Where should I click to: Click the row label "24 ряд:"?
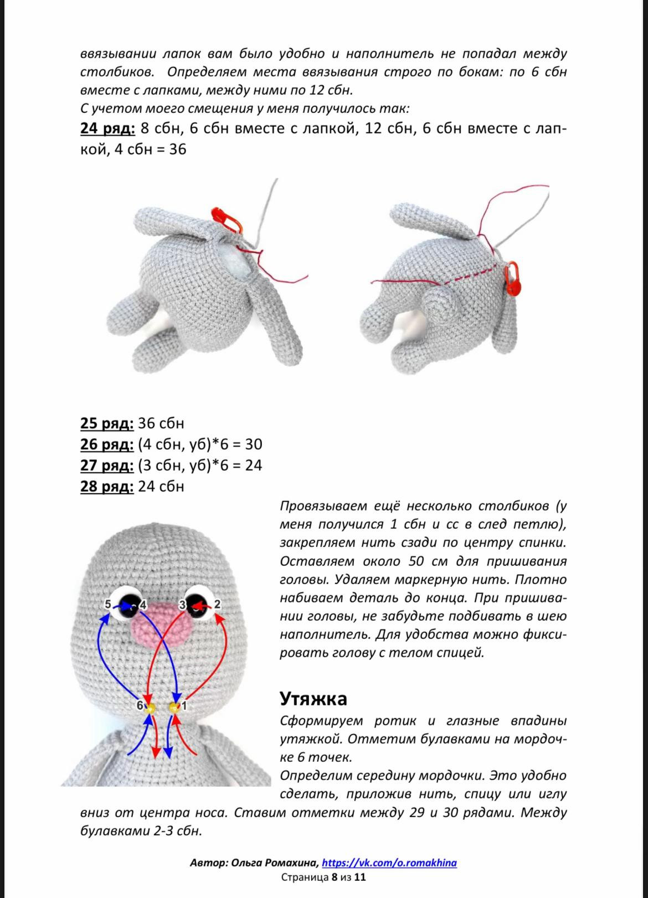pos(107,128)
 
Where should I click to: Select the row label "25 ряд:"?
pos(107,424)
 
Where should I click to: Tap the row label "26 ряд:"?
pos(107,445)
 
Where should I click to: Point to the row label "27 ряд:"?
pos(107,466)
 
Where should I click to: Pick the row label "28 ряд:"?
pos(107,487)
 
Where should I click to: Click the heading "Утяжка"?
pos(313,699)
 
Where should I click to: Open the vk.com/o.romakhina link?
pos(389,863)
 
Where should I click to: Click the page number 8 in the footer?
pos(335,877)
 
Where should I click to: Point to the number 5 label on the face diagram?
pos(108,604)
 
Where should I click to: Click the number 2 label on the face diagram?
pos(217,604)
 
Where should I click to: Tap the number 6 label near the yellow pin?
pos(140,706)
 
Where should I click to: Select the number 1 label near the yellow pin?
pos(184,706)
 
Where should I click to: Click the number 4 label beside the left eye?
pos(143,605)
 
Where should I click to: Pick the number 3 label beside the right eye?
pos(182,605)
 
